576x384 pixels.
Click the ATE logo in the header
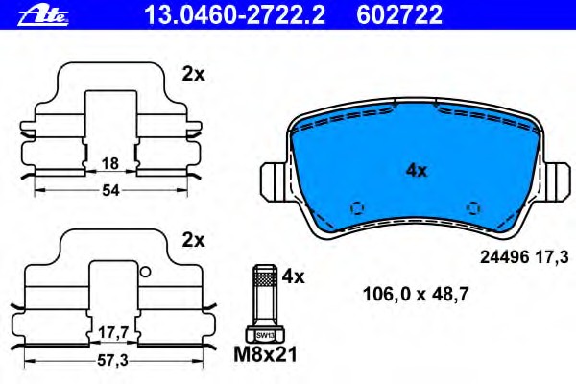[43, 15]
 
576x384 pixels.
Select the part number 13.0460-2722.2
[235, 15]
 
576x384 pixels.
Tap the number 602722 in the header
[399, 15]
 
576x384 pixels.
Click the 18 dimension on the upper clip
[110, 163]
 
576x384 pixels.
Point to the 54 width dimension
[110, 190]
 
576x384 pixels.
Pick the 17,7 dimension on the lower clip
[113, 333]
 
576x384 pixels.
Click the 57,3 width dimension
[112, 361]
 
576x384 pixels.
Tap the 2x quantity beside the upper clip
[194, 75]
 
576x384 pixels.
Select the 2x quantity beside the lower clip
[194, 240]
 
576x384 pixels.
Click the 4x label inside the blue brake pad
[417, 171]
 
